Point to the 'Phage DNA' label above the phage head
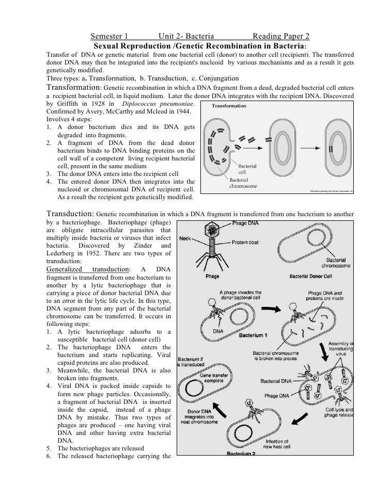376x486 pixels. [x=246, y=223]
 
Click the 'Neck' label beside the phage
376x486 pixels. [x=186, y=238]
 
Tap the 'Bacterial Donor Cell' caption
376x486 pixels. [x=314, y=276]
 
